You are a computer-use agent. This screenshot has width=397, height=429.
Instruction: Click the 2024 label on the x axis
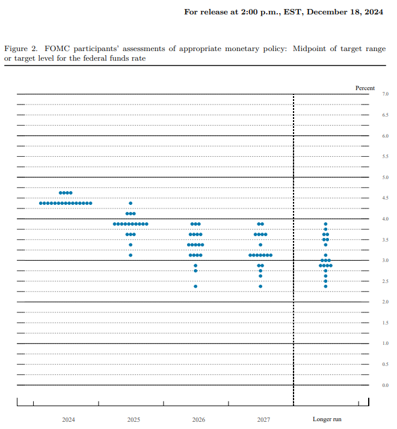coord(69,419)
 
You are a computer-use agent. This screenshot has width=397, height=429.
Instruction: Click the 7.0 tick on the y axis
coord(385,94)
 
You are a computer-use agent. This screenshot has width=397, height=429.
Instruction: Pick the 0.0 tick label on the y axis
coord(385,385)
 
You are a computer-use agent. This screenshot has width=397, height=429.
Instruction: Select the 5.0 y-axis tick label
coord(385,178)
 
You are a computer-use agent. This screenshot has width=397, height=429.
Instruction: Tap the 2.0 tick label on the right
coord(385,302)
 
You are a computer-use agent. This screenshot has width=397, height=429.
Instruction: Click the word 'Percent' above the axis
coord(365,88)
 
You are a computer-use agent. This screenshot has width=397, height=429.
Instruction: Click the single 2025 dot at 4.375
coord(131,203)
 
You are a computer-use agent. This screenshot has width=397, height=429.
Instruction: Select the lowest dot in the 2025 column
coord(131,255)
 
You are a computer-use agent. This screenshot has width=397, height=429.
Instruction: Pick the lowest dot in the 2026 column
coord(195,286)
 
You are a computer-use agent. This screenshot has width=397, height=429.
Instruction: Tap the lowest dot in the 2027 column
coord(260,286)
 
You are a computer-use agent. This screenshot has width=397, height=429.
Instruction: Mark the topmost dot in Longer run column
coord(325,224)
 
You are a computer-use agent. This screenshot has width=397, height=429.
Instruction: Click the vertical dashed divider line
coord(294,252)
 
